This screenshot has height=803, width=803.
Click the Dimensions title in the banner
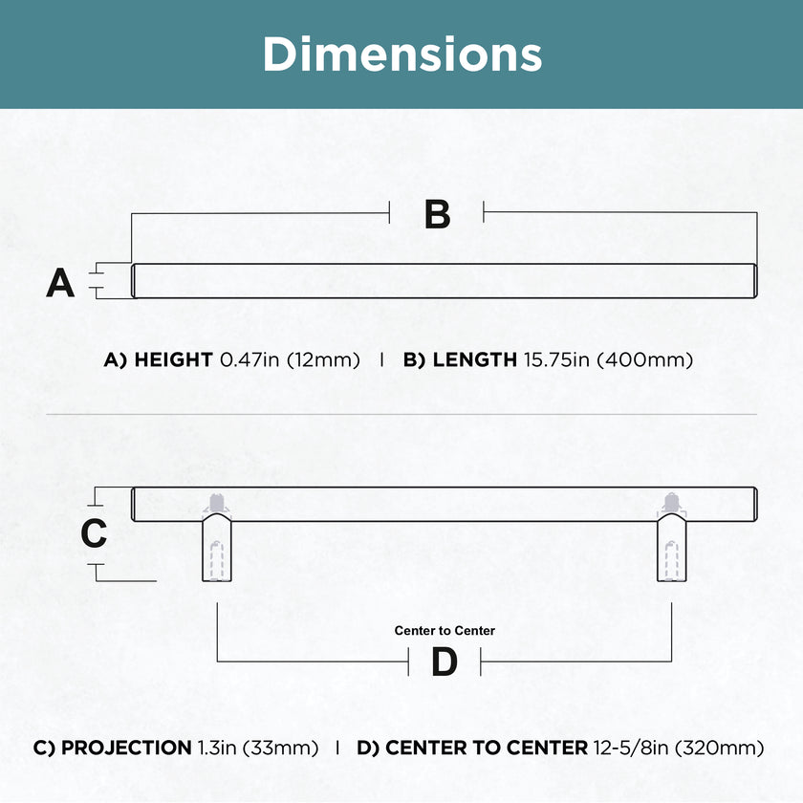tap(402, 54)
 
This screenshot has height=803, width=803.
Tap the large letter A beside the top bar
tap(60, 283)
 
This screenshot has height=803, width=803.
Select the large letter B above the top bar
tap(438, 214)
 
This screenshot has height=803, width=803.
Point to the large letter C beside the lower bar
tap(94, 533)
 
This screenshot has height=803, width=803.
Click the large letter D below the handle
tap(444, 662)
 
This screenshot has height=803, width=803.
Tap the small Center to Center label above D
tap(445, 630)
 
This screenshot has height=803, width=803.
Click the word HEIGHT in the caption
tap(173, 359)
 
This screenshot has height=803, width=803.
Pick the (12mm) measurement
tap(323, 360)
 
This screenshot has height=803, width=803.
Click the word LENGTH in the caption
tap(475, 359)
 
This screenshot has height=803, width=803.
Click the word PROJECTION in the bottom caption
tap(126, 748)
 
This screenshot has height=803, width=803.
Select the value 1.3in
tap(217, 748)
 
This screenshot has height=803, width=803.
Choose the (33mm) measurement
tap(281, 749)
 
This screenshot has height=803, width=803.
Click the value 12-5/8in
tap(631, 748)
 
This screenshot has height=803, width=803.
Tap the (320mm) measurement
tap(720, 749)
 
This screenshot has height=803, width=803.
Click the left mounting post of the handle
tap(217, 547)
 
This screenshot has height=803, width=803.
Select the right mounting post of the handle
tap(671, 547)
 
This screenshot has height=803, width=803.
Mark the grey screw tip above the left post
tap(217, 503)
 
